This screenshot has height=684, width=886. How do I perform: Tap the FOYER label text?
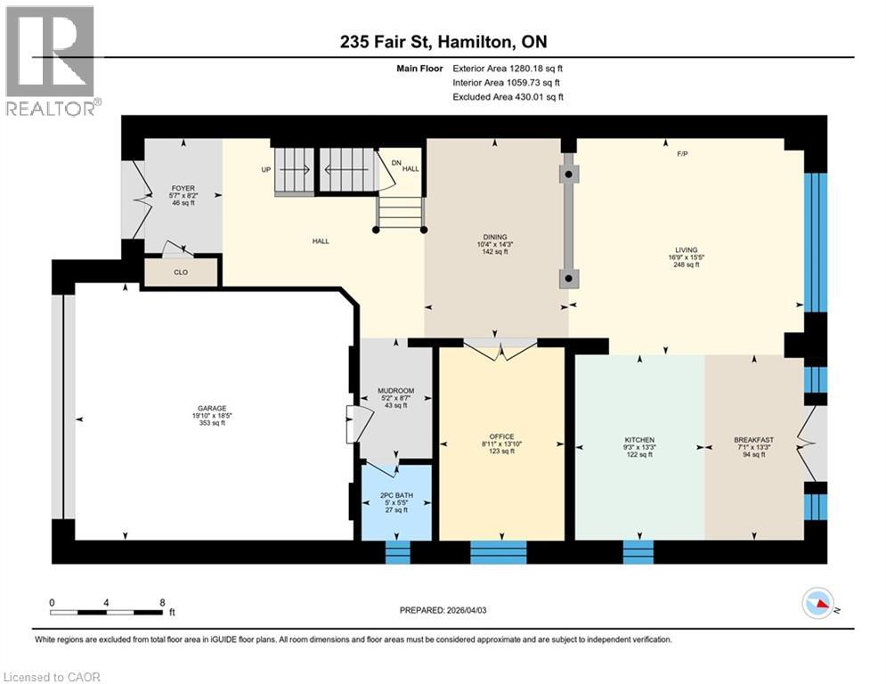(183, 188)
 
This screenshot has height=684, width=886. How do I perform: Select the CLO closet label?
(182, 273)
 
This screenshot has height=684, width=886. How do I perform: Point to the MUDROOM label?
(395, 389)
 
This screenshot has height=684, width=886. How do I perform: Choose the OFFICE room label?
(501, 436)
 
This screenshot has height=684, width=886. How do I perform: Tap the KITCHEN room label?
(639, 440)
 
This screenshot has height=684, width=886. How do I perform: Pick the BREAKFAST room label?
(753, 440)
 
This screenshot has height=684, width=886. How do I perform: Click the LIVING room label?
(686, 249)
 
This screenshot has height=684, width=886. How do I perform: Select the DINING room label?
(496, 236)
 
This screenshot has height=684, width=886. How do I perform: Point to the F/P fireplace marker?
(682, 154)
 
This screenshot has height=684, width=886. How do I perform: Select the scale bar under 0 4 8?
(107, 613)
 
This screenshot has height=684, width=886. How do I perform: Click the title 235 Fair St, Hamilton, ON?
(443, 43)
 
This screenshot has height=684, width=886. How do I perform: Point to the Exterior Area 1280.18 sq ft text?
(508, 68)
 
